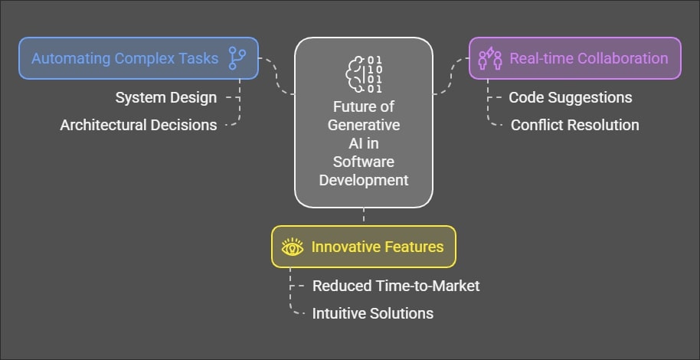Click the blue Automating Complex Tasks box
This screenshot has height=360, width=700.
tap(138, 58)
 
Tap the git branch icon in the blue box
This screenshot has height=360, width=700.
tap(237, 58)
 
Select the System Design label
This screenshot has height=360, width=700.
tap(166, 98)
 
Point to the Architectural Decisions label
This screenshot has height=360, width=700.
tap(139, 125)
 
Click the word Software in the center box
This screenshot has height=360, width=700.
tap(364, 162)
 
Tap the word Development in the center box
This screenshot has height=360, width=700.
tap(364, 181)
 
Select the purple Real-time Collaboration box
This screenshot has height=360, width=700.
tap(574, 58)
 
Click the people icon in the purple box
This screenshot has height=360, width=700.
tap(490, 58)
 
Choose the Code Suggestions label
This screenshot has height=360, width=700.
tap(571, 98)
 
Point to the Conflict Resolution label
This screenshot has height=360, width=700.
tap(574, 125)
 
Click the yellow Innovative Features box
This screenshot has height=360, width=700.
tap(364, 247)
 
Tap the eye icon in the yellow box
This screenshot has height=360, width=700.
tap(293, 247)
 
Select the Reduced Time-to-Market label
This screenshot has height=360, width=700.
tap(396, 286)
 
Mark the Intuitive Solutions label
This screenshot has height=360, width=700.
tap(373, 313)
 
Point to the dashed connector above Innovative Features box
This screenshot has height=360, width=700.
tap(364, 216)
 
